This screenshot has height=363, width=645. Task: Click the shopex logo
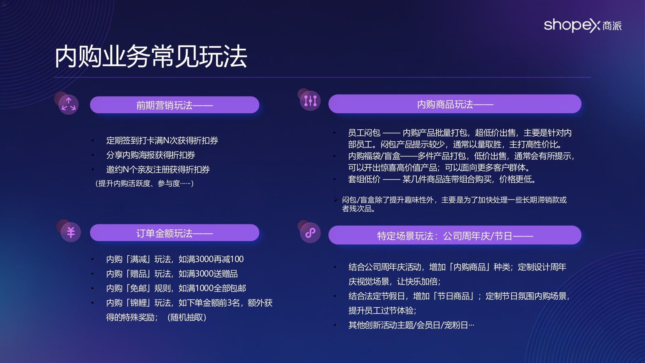pos(582,25)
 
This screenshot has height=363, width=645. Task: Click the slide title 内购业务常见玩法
pos(151,57)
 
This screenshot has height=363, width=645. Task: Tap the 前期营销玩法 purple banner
pos(174,105)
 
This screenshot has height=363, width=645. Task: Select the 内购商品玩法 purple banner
pos(455,104)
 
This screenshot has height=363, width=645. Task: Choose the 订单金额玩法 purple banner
pos(174,233)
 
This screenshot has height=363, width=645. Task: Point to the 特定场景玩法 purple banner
pos(455,236)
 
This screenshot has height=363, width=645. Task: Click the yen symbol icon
pos(71,232)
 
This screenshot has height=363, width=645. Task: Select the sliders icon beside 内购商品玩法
pos(310,101)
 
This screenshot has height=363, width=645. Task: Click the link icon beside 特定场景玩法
pos(310,233)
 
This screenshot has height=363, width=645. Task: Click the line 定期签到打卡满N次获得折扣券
pos(162,140)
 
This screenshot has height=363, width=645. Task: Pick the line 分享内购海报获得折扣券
pos(151,155)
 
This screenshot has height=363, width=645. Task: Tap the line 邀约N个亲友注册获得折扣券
pos(158,169)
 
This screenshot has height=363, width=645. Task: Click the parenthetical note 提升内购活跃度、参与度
pos(144,184)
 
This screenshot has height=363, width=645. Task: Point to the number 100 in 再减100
pos(237,259)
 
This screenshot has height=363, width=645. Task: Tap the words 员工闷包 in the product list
pos(364,133)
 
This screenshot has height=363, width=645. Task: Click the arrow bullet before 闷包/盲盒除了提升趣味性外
pos(336,200)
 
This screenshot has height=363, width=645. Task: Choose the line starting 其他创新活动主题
pos(411,325)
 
